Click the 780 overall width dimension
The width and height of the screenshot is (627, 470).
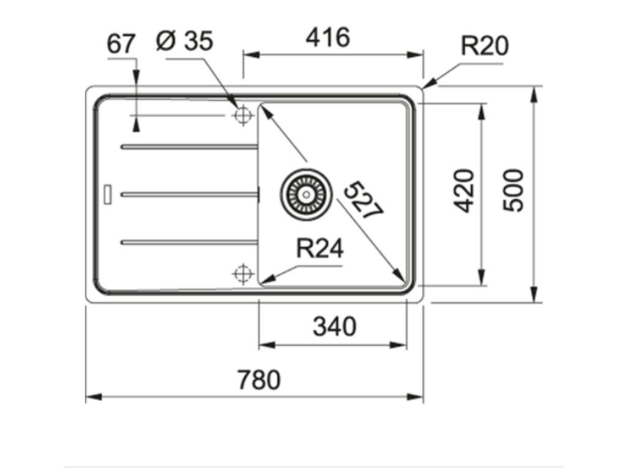[258, 380]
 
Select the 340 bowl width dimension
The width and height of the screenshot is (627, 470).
[334, 327]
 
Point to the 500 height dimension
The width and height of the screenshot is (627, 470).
[514, 190]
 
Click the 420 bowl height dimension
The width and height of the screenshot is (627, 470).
[465, 190]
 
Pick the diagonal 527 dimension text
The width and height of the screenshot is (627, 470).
[362, 200]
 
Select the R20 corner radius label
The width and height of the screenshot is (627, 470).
[484, 46]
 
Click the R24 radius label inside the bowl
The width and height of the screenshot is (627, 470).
[320, 249]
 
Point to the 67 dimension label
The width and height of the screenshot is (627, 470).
[121, 44]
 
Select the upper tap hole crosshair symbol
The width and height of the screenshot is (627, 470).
[243, 115]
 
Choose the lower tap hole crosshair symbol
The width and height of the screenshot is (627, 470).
[243, 273]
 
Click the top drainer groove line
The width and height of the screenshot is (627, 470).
[189, 147]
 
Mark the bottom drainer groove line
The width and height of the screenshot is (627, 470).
[189, 242]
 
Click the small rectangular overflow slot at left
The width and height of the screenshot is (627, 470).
[108, 194]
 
